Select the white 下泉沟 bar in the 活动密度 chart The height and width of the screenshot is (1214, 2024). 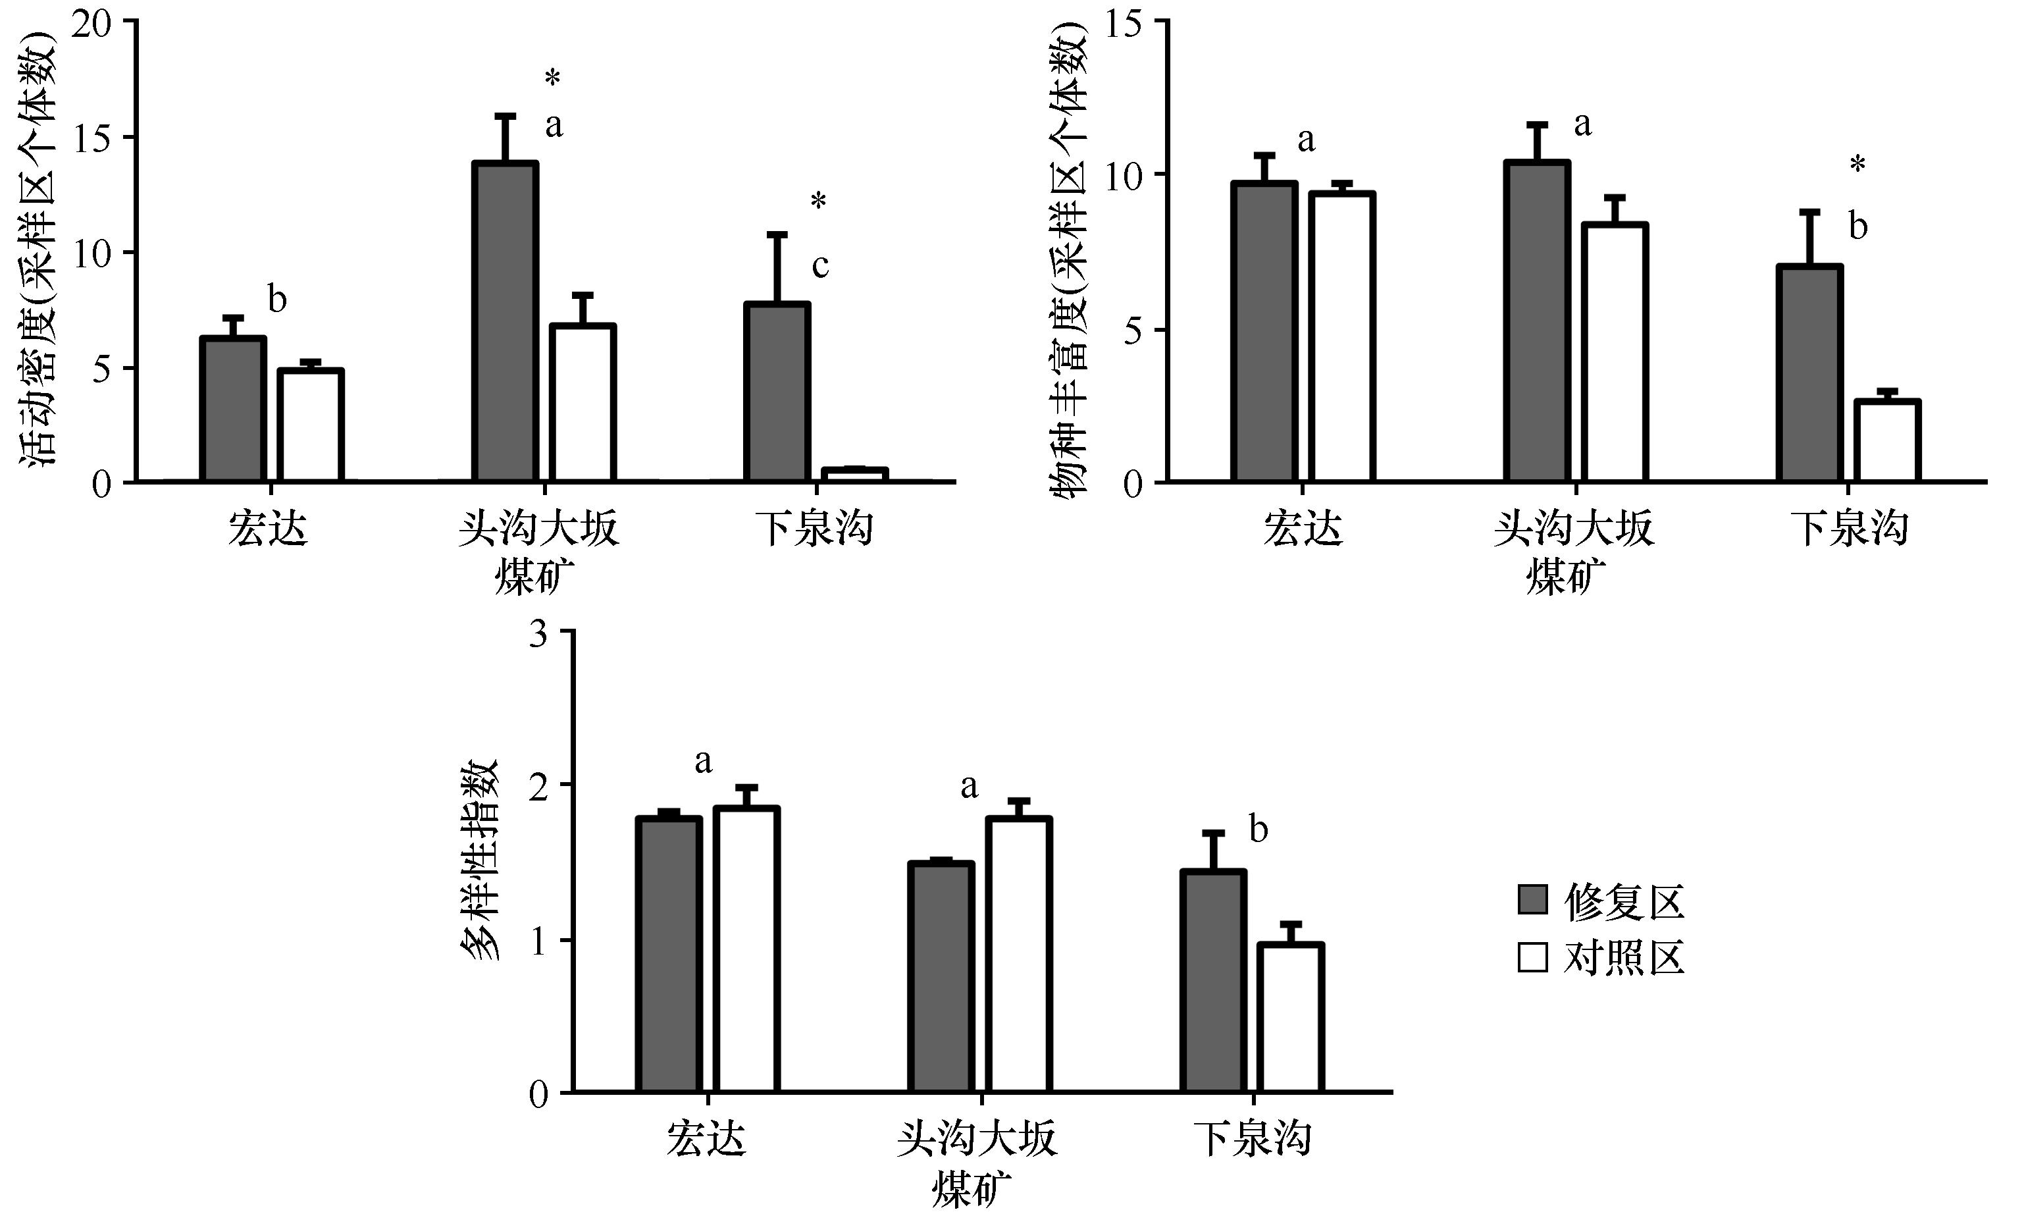click(x=854, y=475)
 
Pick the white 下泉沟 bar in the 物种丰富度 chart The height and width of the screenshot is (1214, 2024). click(x=1886, y=441)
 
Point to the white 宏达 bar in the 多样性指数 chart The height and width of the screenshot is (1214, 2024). click(x=746, y=949)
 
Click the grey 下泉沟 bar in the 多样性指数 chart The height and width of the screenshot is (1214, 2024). click(x=1213, y=981)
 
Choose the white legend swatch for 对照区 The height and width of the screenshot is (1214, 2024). click(x=1532, y=957)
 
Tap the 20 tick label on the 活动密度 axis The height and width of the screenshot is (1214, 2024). click(x=90, y=23)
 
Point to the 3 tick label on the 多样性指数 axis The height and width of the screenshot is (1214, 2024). click(x=538, y=634)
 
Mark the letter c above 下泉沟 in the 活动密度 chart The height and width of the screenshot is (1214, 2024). click(x=820, y=266)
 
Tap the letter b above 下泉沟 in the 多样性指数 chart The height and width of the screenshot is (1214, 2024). click(x=1259, y=830)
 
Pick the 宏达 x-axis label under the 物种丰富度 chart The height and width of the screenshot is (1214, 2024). click(x=1303, y=529)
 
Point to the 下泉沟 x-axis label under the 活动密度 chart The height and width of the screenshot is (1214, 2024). click(x=816, y=529)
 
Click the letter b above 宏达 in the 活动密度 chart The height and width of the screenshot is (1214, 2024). click(x=277, y=300)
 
